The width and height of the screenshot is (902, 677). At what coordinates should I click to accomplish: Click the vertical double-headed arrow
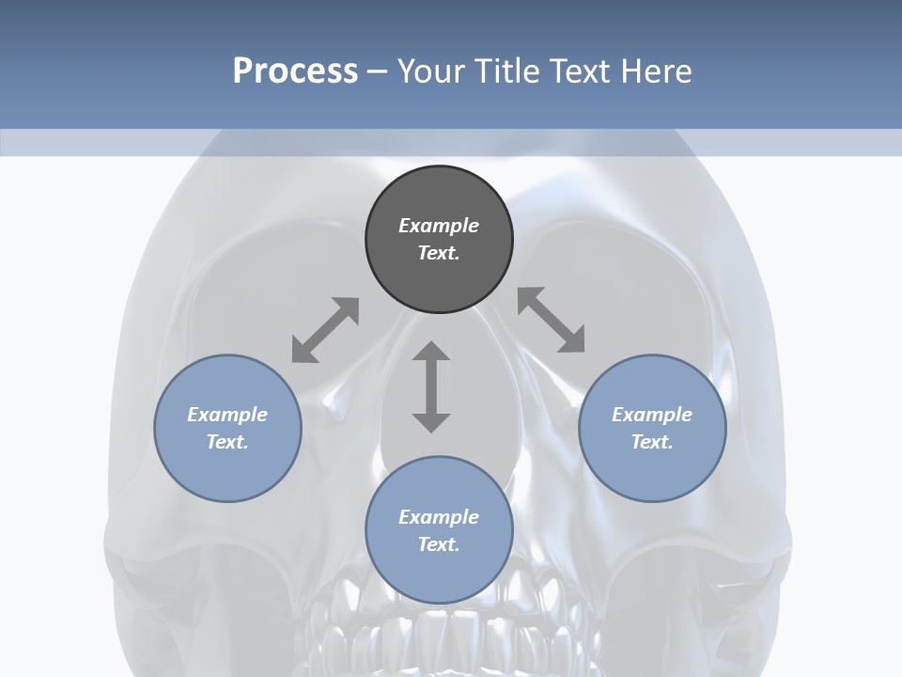tap(431, 386)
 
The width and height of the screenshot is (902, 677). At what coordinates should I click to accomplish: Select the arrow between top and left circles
tap(325, 330)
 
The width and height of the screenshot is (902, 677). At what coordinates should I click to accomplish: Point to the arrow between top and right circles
tap(552, 320)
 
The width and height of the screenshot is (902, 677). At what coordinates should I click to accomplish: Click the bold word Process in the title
tap(295, 71)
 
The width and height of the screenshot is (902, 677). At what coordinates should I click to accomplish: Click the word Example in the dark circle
tap(439, 226)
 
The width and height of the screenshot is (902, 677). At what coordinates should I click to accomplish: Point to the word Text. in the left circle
tap(227, 442)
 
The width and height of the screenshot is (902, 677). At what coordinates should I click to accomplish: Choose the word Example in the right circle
tap(652, 415)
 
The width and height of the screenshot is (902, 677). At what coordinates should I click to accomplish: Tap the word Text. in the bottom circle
tap(439, 544)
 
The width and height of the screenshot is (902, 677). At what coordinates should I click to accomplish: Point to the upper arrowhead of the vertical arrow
tap(431, 352)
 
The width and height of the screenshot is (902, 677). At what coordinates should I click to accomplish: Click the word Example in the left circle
tap(227, 415)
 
